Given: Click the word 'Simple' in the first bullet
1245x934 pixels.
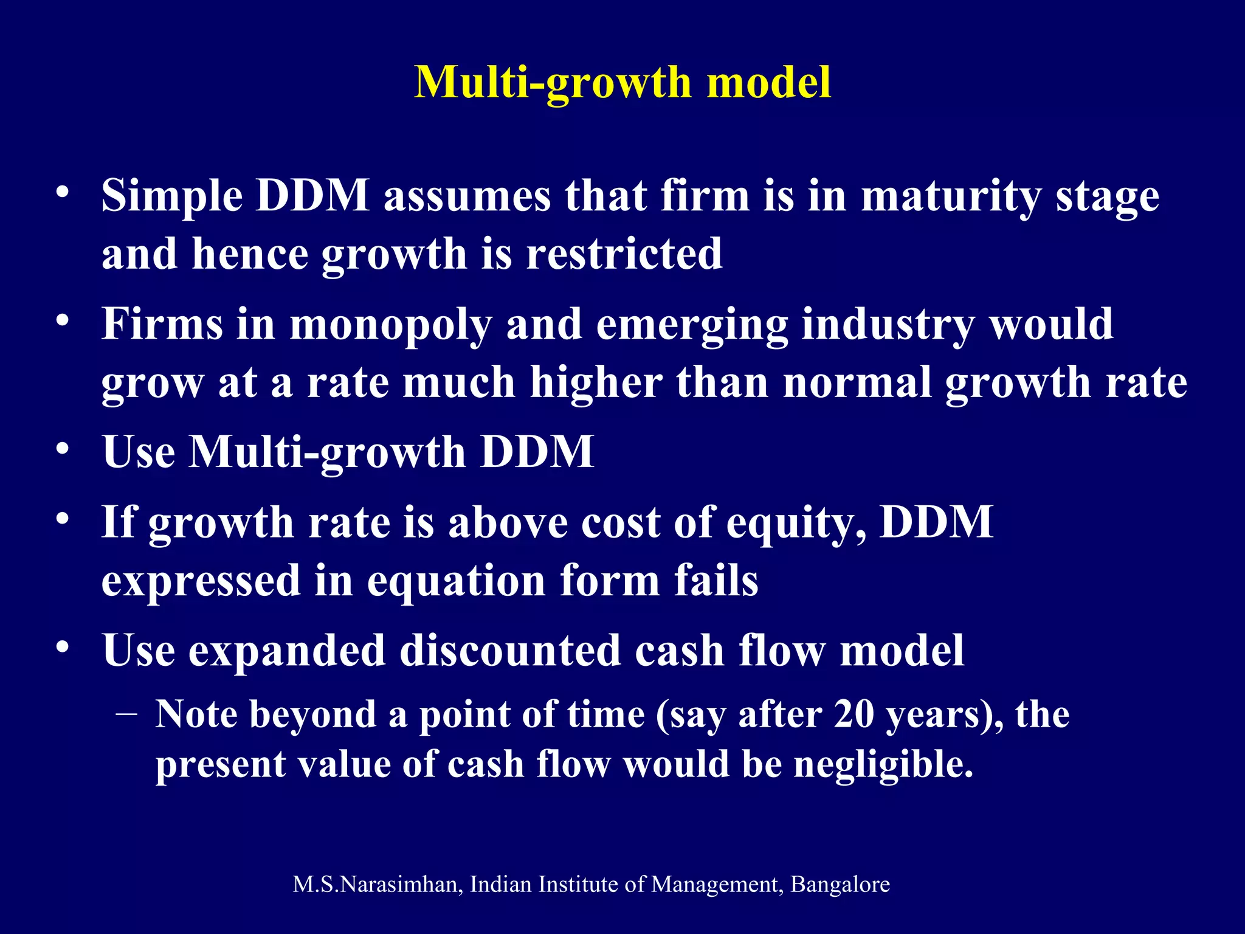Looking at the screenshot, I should (x=172, y=197).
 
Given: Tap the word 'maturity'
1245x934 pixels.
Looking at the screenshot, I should (x=950, y=197).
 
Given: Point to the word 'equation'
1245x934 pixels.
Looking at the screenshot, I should (x=456, y=581).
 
